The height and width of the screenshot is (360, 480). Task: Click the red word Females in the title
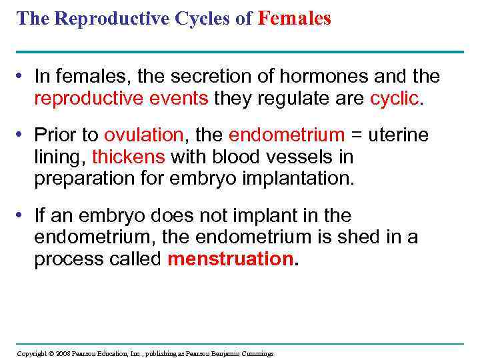(294, 19)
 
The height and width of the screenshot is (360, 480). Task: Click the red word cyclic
(395, 99)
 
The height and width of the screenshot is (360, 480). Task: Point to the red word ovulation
(143, 135)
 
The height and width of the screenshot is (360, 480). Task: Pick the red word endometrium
(287, 135)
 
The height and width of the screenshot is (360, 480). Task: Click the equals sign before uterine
(357, 135)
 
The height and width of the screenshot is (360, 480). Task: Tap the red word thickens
(129, 157)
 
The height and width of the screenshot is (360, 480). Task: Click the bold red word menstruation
(230, 259)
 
